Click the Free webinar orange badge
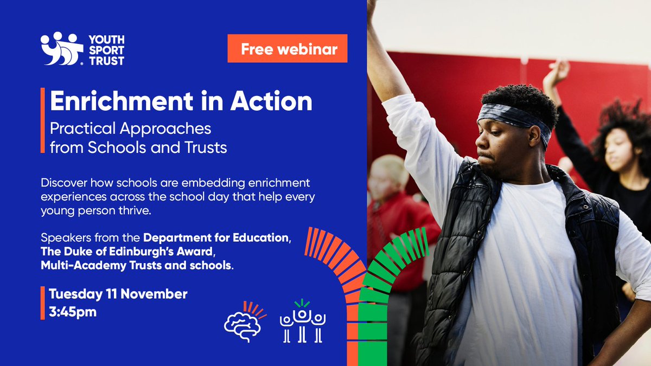pos(288,49)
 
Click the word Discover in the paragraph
pos(65,183)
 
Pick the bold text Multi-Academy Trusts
pos(98,266)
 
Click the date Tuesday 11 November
pos(118,294)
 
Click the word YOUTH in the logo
pos(106,39)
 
